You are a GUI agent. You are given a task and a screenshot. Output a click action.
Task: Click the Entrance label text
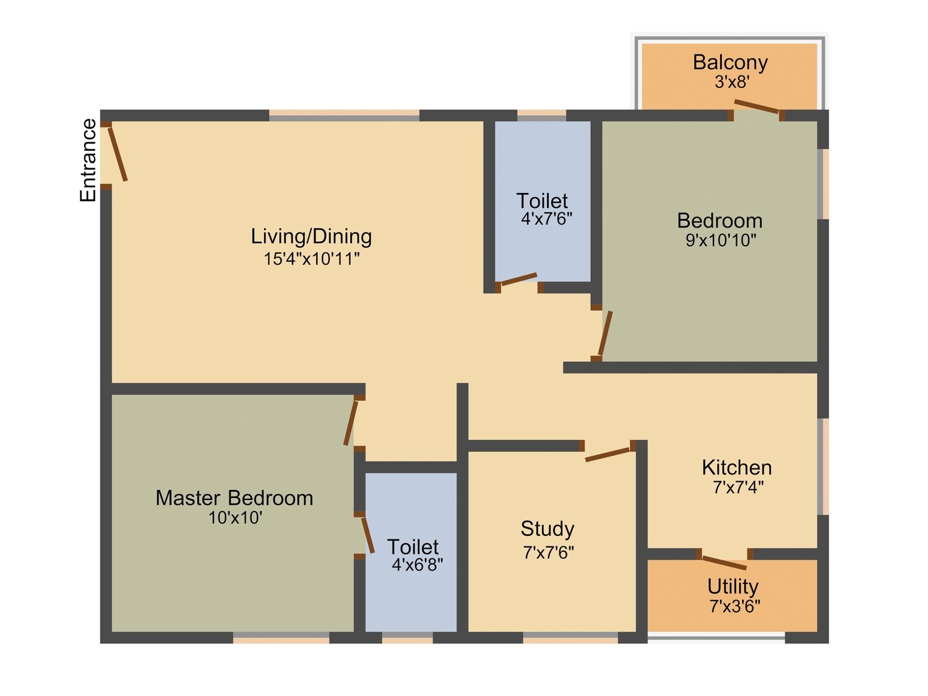[x=88, y=160]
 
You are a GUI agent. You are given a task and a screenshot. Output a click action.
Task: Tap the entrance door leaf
[x=118, y=154]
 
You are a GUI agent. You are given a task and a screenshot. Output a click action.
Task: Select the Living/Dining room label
[x=311, y=236]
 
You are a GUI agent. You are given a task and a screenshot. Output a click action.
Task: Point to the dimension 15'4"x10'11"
[x=312, y=259]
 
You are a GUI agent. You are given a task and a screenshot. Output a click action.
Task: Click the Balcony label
[x=730, y=62]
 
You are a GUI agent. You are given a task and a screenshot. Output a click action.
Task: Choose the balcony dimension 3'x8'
[x=732, y=82]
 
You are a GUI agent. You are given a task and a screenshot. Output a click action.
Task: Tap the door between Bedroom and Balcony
[x=757, y=106]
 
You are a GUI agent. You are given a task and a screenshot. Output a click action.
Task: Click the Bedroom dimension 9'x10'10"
[x=720, y=240]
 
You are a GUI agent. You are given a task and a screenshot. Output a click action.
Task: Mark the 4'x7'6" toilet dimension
[x=546, y=218]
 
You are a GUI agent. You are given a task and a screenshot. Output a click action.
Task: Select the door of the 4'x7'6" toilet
[x=518, y=279]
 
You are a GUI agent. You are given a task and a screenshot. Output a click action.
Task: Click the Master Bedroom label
[x=234, y=498]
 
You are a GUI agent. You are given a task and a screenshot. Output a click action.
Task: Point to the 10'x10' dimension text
[x=235, y=518]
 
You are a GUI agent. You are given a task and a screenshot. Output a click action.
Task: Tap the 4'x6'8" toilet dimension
[x=417, y=564]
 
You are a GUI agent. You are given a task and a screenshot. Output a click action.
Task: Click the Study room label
[x=548, y=529]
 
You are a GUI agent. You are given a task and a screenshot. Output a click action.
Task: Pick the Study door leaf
[x=608, y=455]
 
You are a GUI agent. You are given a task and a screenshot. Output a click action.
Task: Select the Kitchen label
[x=737, y=468]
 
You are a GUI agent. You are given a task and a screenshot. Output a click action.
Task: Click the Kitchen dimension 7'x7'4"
[x=738, y=488]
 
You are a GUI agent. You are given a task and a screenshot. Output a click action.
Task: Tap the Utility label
[x=733, y=586]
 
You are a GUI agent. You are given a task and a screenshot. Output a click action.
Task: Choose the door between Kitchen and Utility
[x=724, y=564]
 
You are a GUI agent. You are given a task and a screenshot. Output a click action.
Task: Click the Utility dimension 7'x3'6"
[x=735, y=607]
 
